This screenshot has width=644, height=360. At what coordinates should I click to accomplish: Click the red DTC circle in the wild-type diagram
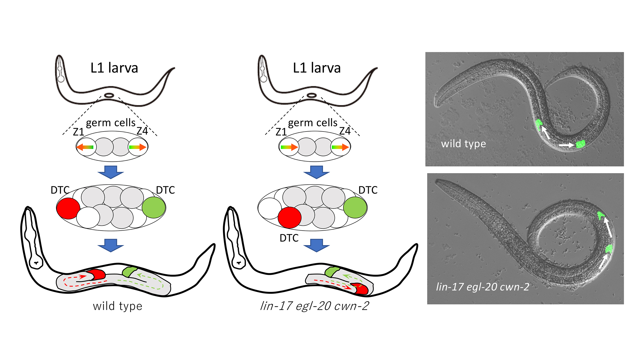pyautogui.click(x=68, y=208)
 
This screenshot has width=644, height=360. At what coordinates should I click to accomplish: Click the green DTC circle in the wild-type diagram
pyautogui.click(x=153, y=207)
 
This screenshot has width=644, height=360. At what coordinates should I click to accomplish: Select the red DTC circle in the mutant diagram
pyautogui.click(x=290, y=217)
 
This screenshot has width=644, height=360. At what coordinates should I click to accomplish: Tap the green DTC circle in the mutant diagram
pyautogui.click(x=355, y=207)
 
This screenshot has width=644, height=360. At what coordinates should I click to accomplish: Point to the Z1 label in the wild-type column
pyautogui.click(x=79, y=132)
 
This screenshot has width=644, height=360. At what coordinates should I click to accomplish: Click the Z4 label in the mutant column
pyautogui.click(x=345, y=131)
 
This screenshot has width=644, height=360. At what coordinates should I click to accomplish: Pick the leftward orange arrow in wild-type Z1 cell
pyautogui.click(x=85, y=147)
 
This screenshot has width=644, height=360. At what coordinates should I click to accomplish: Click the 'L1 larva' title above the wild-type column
pyautogui.click(x=114, y=68)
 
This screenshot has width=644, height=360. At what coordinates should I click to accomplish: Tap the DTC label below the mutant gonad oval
pyautogui.click(x=289, y=238)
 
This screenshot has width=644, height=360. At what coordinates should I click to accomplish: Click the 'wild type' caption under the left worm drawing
pyautogui.click(x=118, y=306)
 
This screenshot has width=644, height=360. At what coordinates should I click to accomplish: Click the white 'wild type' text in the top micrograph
pyautogui.click(x=463, y=144)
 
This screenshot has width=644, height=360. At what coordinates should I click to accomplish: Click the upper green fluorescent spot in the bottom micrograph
pyautogui.click(x=601, y=215)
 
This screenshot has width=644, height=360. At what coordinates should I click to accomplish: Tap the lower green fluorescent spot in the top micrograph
pyautogui.click(x=580, y=144)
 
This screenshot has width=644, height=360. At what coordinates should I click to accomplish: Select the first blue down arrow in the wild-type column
pyautogui.click(x=111, y=172)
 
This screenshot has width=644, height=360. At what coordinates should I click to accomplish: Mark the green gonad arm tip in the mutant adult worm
pyautogui.click(x=332, y=271)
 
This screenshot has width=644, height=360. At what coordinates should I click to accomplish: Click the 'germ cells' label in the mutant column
pyautogui.click(x=313, y=123)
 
